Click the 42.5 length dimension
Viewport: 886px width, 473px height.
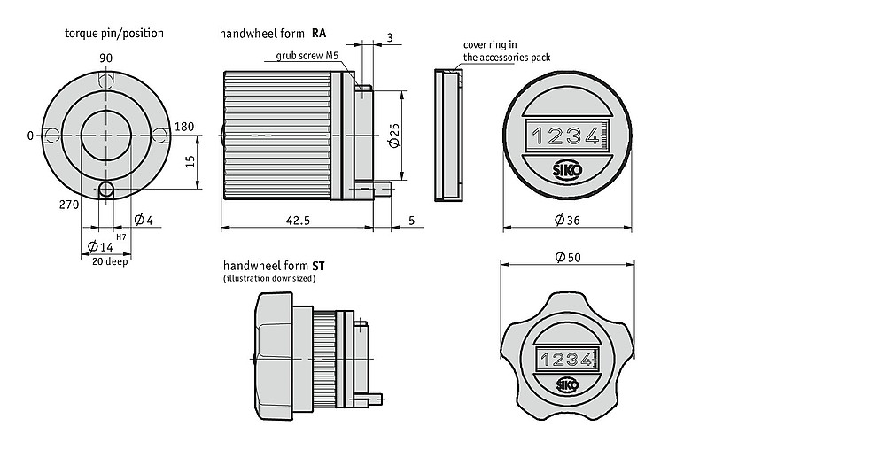point(297,221)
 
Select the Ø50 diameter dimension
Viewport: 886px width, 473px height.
point(567,257)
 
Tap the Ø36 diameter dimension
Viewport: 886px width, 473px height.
point(567,221)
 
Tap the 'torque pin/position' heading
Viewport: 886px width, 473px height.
point(114,34)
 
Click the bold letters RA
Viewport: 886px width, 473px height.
point(318,34)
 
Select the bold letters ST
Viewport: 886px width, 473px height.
point(318,266)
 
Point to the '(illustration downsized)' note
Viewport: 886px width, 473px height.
point(269,278)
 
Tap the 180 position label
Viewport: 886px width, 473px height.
point(184,128)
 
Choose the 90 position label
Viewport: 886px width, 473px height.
point(106,58)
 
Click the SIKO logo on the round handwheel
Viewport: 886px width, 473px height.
point(566,172)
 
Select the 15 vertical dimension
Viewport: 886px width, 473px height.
point(190,160)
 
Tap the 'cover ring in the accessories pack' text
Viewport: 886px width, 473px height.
point(506,50)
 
